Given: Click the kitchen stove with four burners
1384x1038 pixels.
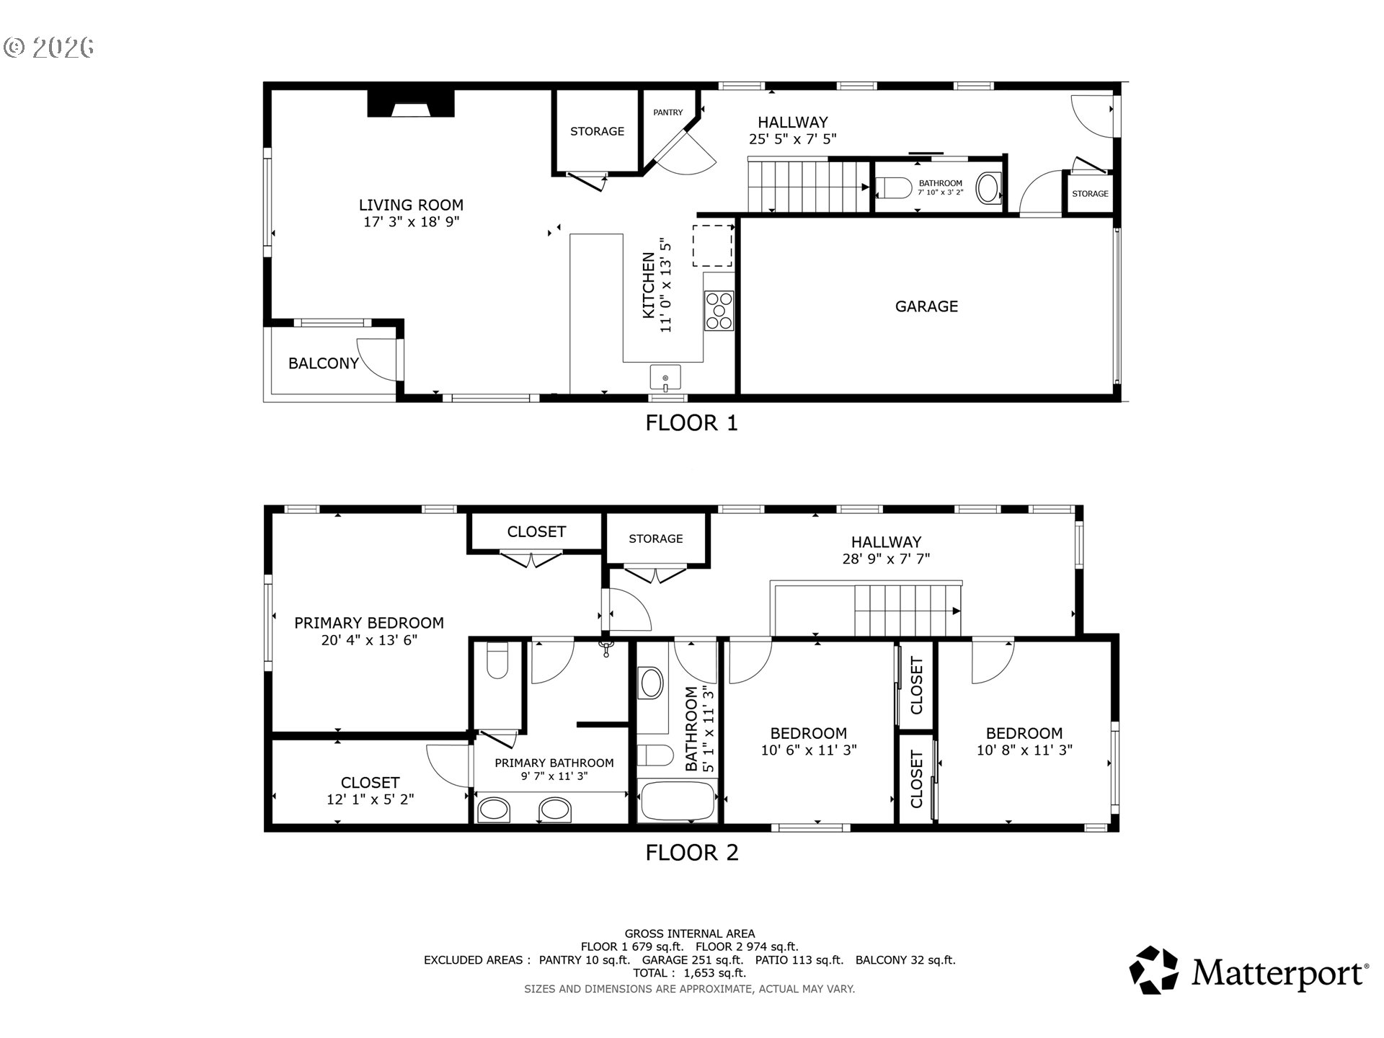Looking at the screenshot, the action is click(719, 311).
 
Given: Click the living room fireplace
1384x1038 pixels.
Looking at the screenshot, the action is click(411, 103).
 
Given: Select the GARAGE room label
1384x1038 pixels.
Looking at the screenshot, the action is click(926, 306).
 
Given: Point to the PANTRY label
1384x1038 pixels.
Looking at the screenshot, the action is click(668, 112).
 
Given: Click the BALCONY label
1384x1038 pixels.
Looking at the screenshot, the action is click(324, 363).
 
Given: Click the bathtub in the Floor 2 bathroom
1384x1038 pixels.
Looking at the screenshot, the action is click(678, 801).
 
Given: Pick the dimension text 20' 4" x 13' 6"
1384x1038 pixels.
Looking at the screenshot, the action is click(369, 639).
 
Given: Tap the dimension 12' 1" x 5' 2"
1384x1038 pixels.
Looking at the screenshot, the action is click(370, 799).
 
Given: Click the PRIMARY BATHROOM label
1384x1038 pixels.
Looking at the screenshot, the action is click(554, 763).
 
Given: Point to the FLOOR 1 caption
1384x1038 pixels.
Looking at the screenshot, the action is click(692, 422).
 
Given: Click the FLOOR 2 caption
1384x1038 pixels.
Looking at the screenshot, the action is click(692, 853).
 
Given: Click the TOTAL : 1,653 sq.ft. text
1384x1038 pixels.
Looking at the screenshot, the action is click(690, 973).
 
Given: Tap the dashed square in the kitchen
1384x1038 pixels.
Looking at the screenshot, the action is click(713, 245).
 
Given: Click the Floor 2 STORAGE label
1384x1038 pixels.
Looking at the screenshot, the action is click(656, 538).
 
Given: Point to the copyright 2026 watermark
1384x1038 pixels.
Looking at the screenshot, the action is click(49, 48).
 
